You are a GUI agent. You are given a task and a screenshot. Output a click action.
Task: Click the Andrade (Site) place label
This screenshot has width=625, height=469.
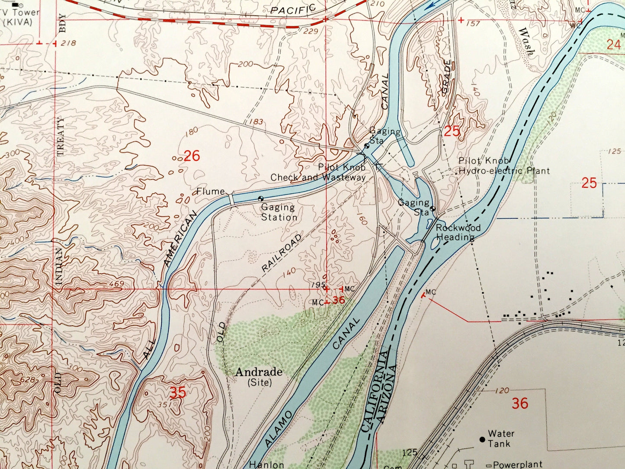click(x=259, y=376)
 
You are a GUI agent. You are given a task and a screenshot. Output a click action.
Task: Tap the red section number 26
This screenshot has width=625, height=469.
click(x=192, y=156)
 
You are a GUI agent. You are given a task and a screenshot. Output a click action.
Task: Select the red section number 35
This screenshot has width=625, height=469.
click(x=178, y=392)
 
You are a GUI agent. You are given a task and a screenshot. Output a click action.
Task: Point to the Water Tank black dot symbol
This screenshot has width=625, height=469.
click(x=482, y=439)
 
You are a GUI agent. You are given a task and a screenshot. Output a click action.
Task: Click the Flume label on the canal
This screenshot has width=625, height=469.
click(x=211, y=191)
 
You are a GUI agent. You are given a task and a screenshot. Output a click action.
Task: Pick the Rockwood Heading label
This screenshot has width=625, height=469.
click(x=458, y=232)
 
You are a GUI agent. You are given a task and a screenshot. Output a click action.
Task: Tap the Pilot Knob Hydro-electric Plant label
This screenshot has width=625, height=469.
click(x=503, y=166)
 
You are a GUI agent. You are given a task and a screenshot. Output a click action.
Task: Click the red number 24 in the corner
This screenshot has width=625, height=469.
click(x=613, y=45)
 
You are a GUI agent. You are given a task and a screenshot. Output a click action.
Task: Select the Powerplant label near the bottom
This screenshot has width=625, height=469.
click(x=517, y=465)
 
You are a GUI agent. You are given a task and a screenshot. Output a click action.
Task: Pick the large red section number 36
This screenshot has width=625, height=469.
click(x=520, y=403)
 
